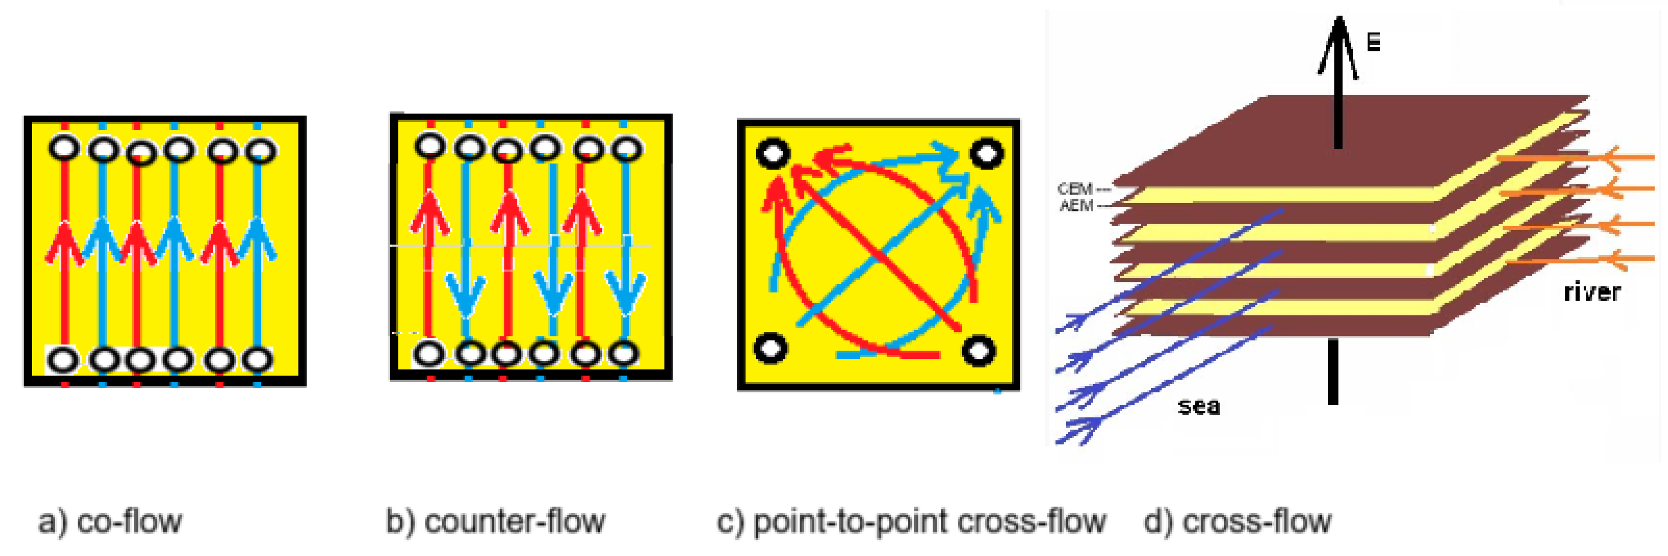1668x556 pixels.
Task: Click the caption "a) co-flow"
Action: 110,522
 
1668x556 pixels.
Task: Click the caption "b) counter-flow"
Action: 495,522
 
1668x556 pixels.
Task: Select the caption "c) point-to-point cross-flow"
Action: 911,522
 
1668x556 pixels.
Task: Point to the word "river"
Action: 1591,292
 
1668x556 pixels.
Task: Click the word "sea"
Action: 1199,407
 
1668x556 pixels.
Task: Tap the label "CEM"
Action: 1075,189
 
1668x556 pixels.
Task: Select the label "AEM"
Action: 1076,206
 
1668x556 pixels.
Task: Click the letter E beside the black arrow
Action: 1373,43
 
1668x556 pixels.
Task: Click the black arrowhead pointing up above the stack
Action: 1338,45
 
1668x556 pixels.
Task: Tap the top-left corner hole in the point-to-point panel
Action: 773,154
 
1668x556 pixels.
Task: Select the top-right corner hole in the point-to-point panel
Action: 986,154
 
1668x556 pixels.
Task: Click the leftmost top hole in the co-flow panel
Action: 64,148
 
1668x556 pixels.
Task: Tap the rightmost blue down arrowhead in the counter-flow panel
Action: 625,291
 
